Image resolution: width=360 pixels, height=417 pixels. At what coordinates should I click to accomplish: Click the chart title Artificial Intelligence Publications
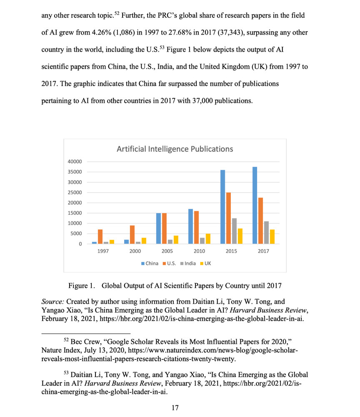(x=175, y=149)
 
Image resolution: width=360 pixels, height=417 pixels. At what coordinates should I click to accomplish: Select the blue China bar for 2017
(x=255, y=205)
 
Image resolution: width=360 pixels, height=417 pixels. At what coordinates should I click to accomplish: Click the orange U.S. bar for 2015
(x=228, y=218)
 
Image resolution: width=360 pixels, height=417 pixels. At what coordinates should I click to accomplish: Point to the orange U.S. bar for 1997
(x=100, y=236)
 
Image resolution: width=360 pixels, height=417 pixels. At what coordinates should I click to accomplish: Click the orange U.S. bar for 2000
(x=132, y=234)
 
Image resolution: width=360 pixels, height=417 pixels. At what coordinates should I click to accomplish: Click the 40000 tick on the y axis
(x=75, y=162)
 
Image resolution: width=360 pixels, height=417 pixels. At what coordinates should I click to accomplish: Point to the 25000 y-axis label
(x=75, y=193)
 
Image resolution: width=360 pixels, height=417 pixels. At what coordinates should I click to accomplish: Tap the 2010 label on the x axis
(x=199, y=251)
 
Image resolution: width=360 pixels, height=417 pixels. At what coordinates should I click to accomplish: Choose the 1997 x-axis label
(x=103, y=251)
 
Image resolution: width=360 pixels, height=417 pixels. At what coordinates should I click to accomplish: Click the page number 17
(x=175, y=407)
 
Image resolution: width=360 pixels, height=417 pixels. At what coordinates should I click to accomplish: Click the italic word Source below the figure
(x=53, y=301)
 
